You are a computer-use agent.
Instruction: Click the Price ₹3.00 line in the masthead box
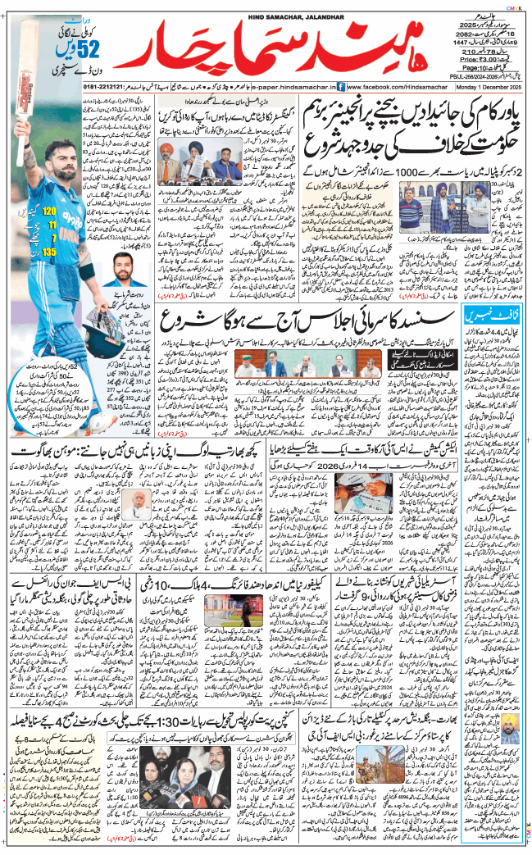click(479, 60)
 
